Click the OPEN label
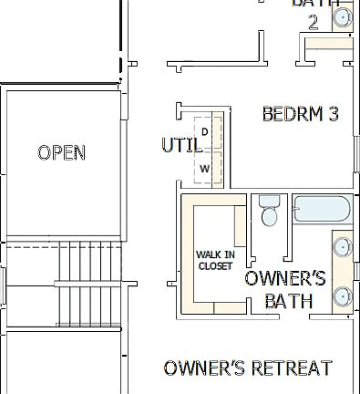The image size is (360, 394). [62, 152]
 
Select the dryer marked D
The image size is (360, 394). [205, 131]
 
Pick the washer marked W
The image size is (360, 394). [205, 169]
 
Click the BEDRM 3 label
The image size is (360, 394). [300, 114]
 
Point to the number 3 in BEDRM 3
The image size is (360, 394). [334, 114]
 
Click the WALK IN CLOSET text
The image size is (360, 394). [215, 260]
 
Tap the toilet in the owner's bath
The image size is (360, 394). [269, 215]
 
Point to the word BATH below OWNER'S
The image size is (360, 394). [289, 300]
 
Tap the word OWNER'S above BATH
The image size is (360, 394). [285, 278]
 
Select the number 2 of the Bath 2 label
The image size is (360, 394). [313, 22]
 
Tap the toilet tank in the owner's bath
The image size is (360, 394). [268, 202]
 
